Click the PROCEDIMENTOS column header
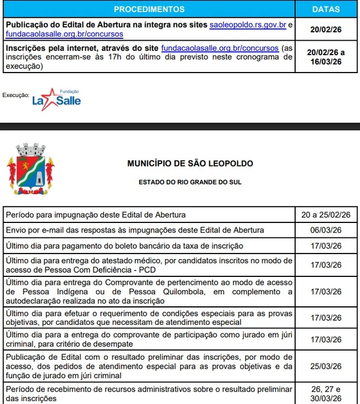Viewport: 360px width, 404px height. click(x=149, y=10)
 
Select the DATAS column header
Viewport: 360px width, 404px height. click(x=326, y=10)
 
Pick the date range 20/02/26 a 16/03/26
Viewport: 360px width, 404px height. click(x=326, y=57)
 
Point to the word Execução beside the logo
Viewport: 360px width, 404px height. click(x=16, y=95)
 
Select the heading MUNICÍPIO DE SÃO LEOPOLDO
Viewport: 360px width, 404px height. click(x=190, y=164)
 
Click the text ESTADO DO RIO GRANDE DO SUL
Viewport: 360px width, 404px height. click(x=190, y=181)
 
